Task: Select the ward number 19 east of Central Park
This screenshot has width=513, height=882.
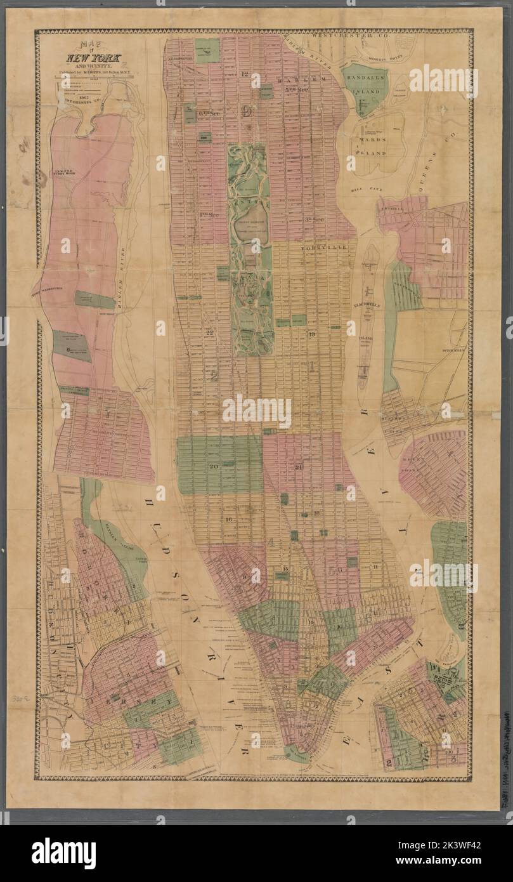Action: coord(311,334)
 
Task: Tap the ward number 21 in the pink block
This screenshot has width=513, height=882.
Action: coord(298,468)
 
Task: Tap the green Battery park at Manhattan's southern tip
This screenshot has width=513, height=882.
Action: coord(293,753)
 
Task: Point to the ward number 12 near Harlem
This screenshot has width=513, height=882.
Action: coord(245,74)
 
